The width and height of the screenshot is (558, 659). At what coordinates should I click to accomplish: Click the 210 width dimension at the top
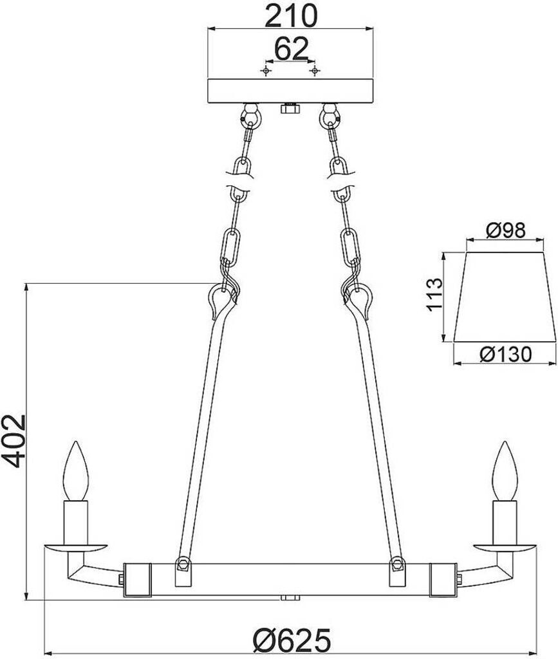(x=291, y=16)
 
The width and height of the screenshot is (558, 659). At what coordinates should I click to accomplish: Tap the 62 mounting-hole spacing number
(x=291, y=49)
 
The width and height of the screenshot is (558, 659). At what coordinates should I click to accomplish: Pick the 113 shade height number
(x=434, y=294)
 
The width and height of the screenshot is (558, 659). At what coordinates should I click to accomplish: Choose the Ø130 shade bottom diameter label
(x=505, y=354)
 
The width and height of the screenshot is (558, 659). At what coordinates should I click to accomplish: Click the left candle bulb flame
(x=76, y=470)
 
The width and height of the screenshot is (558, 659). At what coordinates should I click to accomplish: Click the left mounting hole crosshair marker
(x=266, y=71)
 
